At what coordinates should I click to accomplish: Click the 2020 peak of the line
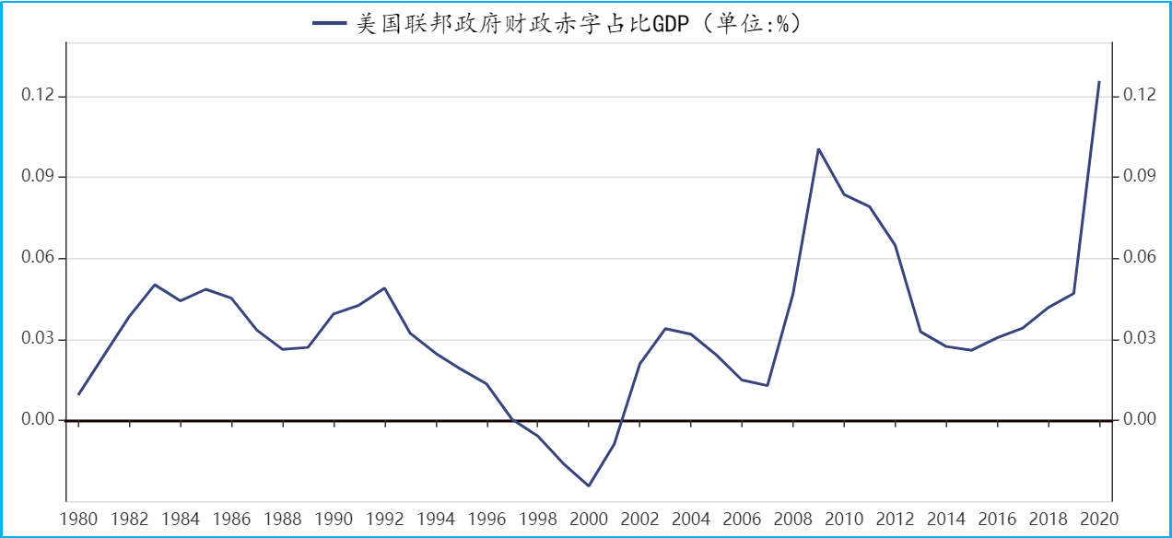[x=1099, y=82]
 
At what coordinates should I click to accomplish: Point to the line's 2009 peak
[x=818, y=149]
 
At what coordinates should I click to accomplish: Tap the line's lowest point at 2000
[x=589, y=485]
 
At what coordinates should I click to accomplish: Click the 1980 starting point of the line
[x=78, y=394]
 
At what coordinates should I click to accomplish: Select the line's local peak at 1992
[x=384, y=288]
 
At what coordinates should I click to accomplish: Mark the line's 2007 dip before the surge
[x=768, y=385]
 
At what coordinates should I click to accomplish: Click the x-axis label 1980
[x=78, y=519]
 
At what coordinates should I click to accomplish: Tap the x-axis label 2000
[x=589, y=519]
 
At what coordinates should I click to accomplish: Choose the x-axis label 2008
[x=792, y=519]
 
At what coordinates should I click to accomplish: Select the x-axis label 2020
[x=1099, y=519]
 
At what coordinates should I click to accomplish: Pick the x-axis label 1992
[x=384, y=519]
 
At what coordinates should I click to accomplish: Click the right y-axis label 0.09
[x=1139, y=177]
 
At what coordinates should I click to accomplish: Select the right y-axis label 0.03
[x=1139, y=339]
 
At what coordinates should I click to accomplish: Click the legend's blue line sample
[x=329, y=24]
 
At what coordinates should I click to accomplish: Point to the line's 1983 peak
[x=155, y=285]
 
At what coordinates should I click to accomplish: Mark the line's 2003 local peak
[x=665, y=328]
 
